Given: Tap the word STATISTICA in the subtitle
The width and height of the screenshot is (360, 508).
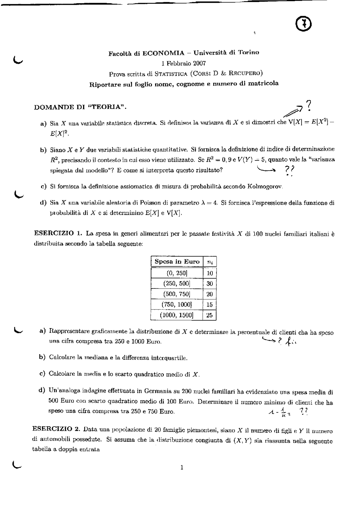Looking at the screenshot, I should [171, 74].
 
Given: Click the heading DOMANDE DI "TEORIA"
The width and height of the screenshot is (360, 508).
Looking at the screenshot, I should [80, 107].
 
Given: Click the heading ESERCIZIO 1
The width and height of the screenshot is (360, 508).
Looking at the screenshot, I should [58, 233].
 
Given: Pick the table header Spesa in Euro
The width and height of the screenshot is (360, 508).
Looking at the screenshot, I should [177, 261].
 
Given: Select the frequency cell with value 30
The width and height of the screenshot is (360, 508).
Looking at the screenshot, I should [210, 284].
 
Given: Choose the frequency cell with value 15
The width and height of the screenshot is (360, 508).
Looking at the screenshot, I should [210, 305].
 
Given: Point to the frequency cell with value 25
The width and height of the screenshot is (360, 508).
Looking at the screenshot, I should [210, 315].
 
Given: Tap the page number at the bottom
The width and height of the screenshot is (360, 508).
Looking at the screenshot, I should [182, 467].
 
